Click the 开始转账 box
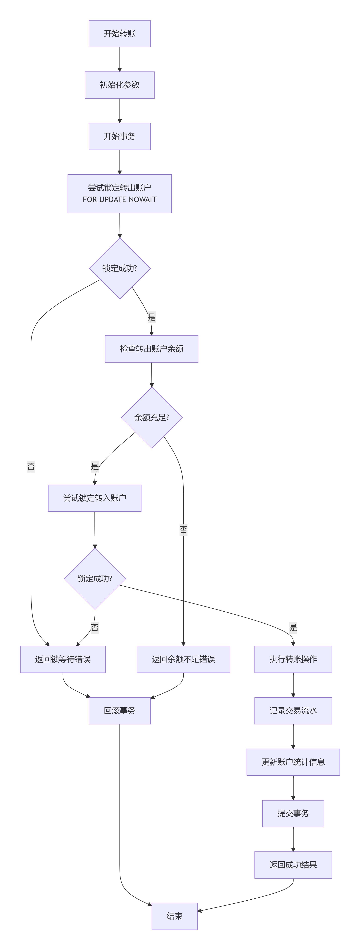click(120, 34)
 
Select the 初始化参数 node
click(120, 85)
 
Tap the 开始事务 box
click(120, 136)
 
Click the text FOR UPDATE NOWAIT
click(120, 200)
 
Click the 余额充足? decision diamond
click(152, 417)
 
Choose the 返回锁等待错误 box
click(63, 659)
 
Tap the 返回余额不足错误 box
click(183, 659)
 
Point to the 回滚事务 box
click(120, 711)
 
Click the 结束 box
click(174, 916)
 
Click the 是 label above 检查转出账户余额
click(152, 317)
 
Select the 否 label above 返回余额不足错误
click(183, 530)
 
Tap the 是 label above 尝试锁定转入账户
click(95, 467)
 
